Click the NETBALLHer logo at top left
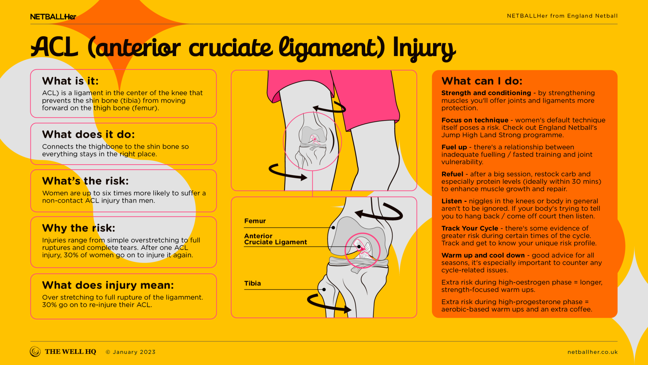click(x=53, y=17)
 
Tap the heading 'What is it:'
click(x=70, y=81)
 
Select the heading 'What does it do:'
click(x=88, y=135)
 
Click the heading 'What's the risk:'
click(x=85, y=181)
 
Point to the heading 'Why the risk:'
click(x=79, y=228)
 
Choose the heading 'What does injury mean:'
click(x=108, y=285)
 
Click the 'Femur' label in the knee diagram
click(x=255, y=221)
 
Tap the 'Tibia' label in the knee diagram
click(x=252, y=284)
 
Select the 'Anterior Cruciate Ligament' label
click(x=275, y=239)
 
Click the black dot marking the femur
click(x=333, y=228)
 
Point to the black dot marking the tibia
click(x=324, y=290)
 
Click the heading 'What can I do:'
click(x=482, y=81)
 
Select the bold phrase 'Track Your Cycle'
click(x=470, y=228)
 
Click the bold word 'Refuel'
click(x=452, y=174)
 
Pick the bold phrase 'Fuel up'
click(x=454, y=147)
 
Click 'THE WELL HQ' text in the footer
click(x=70, y=352)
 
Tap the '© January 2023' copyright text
click(x=131, y=352)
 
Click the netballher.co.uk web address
click(x=592, y=352)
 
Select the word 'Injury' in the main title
click(x=424, y=48)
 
